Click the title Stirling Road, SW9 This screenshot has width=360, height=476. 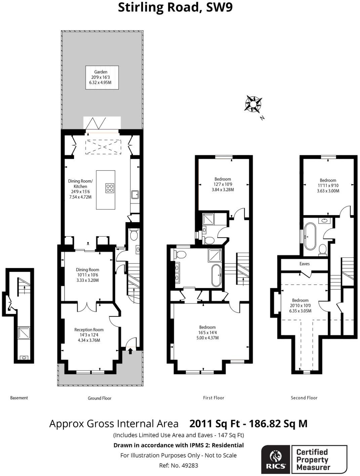[175, 7]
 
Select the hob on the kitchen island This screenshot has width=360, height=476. [110, 188]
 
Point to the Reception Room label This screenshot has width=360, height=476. [89, 335]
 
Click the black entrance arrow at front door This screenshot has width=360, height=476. [130, 352]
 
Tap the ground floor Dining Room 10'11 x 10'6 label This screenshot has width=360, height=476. [87, 275]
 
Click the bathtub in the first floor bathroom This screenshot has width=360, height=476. [216, 275]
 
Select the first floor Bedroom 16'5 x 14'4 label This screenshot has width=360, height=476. [207, 332]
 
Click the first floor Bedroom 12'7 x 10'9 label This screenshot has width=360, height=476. [223, 184]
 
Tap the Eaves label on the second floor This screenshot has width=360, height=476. [304, 264]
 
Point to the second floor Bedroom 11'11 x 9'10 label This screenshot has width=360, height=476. [328, 186]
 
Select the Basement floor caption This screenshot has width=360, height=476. [19, 398]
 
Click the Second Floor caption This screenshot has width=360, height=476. [304, 398]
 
